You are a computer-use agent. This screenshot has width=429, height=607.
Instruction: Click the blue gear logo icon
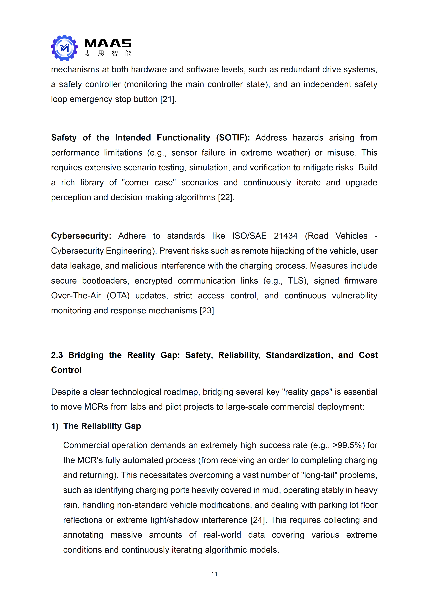click(x=64, y=48)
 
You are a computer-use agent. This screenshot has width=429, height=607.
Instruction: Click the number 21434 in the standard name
click(x=285, y=236)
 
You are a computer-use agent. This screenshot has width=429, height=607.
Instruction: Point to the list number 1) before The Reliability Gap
click(x=55, y=426)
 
